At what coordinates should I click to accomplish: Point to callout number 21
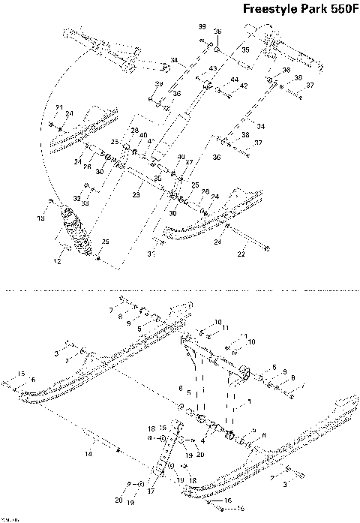click(59, 107)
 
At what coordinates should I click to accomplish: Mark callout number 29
click(106, 242)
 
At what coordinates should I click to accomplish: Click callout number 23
click(136, 195)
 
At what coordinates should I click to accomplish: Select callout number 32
click(77, 197)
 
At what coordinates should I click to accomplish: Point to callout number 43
click(212, 68)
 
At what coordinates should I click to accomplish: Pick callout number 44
click(235, 79)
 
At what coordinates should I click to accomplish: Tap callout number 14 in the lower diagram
click(88, 455)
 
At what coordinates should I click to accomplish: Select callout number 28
click(135, 131)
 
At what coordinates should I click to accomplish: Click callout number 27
click(189, 162)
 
